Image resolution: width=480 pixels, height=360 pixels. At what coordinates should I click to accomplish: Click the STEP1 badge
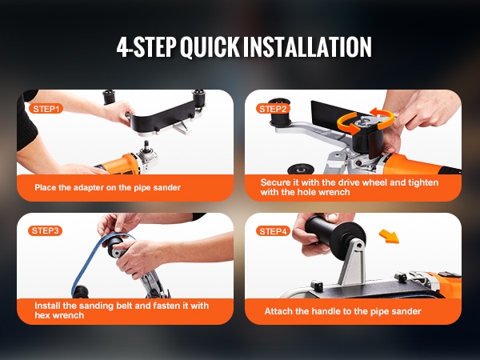coord(46,109)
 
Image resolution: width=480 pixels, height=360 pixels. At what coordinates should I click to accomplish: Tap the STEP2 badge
coord(273,109)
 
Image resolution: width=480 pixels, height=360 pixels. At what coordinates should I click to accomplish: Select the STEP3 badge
coord(45,230)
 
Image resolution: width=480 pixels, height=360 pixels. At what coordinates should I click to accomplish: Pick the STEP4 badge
coord(273,231)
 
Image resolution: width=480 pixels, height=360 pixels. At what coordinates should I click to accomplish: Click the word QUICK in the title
coord(210,47)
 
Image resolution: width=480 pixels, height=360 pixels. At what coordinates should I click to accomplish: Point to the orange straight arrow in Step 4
coord(390,236)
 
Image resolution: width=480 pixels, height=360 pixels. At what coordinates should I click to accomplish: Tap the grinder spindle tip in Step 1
coord(146,142)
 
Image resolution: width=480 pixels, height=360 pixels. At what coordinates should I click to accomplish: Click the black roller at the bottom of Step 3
coord(80,292)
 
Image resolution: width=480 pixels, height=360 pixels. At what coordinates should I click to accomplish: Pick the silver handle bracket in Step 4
coord(353,263)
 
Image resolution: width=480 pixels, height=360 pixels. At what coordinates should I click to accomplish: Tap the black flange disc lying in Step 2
coord(301,169)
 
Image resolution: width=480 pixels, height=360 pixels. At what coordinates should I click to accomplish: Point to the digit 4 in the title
coord(122,47)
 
